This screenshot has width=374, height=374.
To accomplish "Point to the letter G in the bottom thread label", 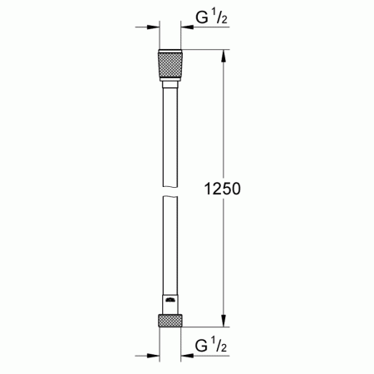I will tap(199, 344).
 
